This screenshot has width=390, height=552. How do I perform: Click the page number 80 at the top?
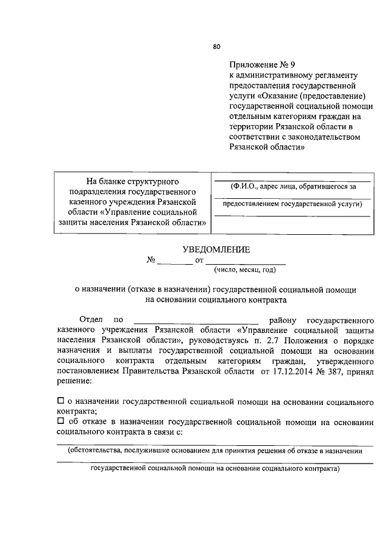coord(216,46)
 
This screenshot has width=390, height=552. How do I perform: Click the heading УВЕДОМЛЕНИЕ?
coord(216,249)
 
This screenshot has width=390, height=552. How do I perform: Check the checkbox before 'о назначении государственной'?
coord(60,401)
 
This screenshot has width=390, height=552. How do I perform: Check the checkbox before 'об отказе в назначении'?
coord(60,421)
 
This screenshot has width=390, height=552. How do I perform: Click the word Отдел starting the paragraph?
coord(91,319)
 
